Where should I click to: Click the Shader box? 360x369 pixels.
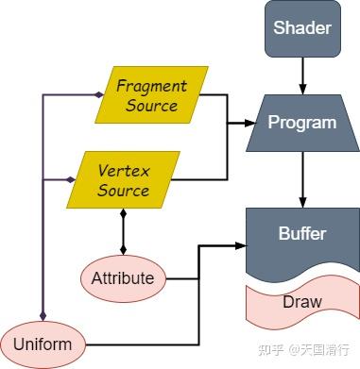pos(302,27)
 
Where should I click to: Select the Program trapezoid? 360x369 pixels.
pos(302,123)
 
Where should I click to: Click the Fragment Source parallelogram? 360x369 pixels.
pos(152,94)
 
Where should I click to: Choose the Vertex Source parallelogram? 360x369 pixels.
pos(124,179)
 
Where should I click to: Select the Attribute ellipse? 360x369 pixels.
pos(123,278)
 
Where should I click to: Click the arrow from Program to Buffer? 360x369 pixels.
pos(302,179)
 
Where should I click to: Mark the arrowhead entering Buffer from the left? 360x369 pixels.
pos(241,245)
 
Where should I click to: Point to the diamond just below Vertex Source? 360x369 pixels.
pos(124,214)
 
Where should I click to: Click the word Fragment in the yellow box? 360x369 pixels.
pos(151,86)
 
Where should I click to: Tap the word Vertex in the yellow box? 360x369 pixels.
pos(124,171)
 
